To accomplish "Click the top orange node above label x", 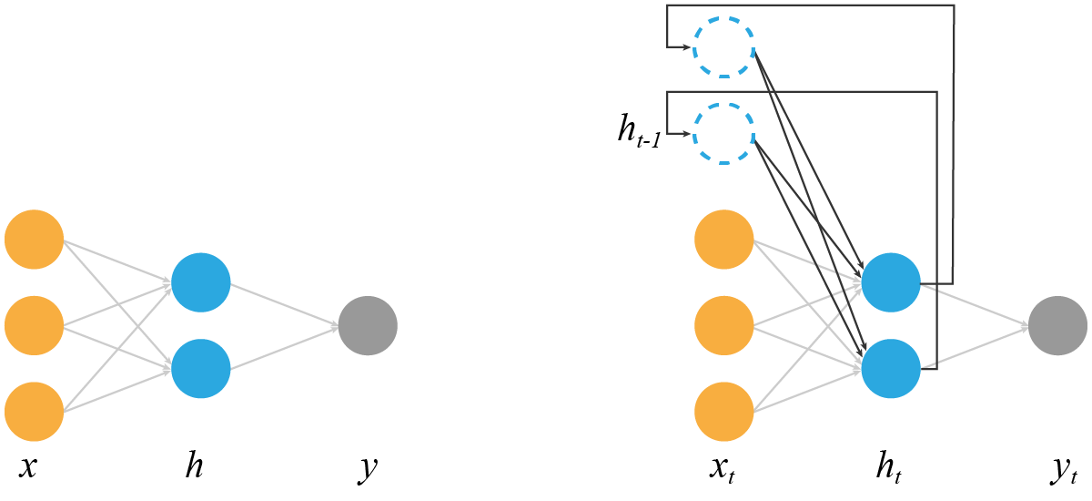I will pos(34,240).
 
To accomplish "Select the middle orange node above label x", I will pos(34,325).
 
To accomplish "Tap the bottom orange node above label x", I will pos(34,411).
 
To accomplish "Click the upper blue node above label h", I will pos(200,282).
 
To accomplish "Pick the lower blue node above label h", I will pos(200,368).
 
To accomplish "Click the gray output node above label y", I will pos(368,325).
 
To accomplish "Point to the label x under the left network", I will pos(28,468).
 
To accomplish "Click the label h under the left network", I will pos(195,466).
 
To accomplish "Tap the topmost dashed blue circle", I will pos(724,47).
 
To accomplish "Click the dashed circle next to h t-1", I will pos(724,134).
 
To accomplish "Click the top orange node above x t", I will pos(724,240).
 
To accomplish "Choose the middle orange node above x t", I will pos(724,325).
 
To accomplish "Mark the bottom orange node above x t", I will pos(724,411).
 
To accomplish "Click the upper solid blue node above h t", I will pos(891,282).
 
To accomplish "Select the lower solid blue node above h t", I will pos(891,368).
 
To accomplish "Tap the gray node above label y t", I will pos(1057,325).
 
